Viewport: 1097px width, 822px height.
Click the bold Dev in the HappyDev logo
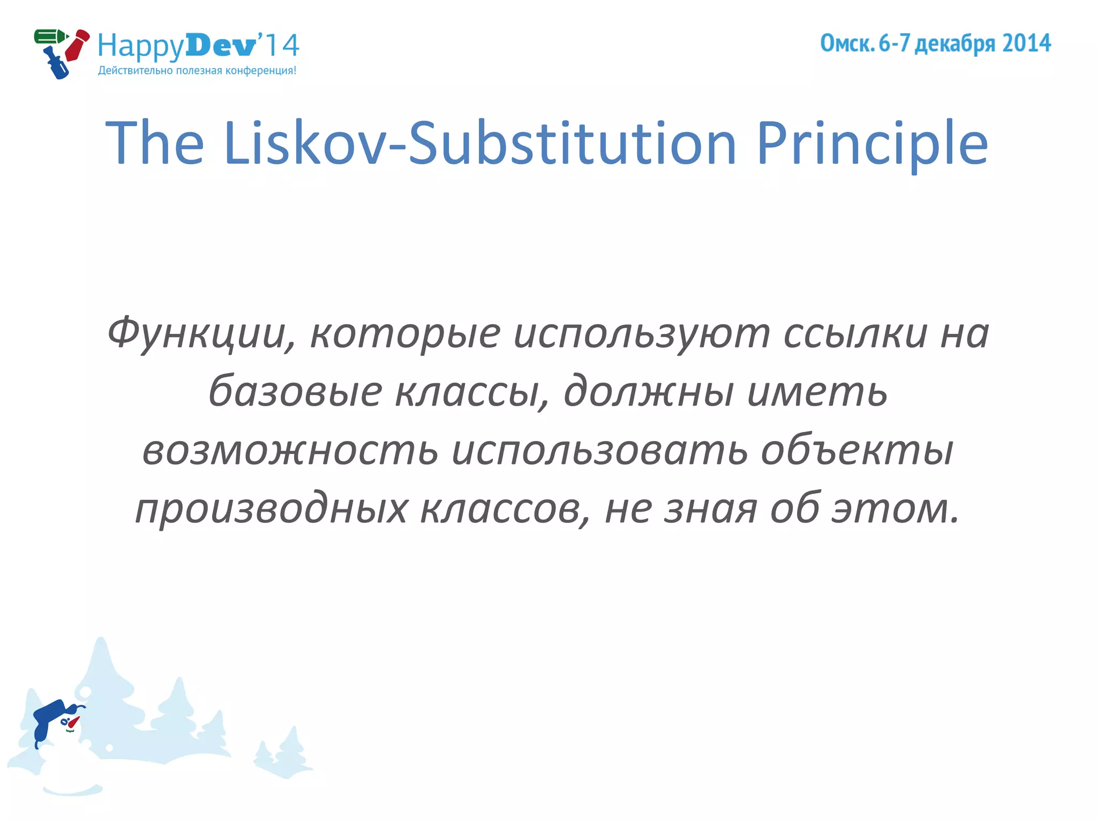(221, 45)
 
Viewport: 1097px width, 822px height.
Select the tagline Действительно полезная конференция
(197, 71)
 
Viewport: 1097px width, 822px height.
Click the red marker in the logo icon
(77, 45)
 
